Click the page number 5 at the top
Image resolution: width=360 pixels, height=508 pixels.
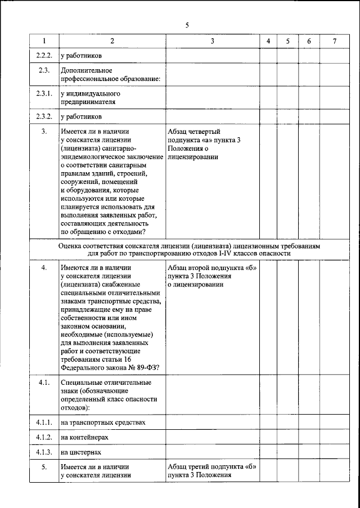(x=186, y=25)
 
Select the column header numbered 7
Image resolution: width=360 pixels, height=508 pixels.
(x=334, y=42)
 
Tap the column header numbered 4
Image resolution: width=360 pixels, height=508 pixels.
(x=268, y=42)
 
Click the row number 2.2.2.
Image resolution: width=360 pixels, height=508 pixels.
(x=44, y=56)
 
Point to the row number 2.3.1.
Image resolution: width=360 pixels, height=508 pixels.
(x=44, y=94)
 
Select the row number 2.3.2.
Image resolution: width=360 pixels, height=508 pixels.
(x=44, y=117)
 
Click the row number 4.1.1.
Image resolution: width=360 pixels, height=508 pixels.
(x=44, y=422)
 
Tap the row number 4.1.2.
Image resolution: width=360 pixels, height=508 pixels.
(x=44, y=437)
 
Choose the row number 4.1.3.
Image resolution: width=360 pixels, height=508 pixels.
(x=44, y=452)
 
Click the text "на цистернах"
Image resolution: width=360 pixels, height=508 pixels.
(x=81, y=452)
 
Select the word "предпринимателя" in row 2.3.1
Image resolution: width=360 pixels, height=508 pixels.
(x=88, y=103)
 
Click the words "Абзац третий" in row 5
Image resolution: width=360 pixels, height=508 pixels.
(x=188, y=466)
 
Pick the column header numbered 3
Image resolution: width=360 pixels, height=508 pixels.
(x=212, y=42)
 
